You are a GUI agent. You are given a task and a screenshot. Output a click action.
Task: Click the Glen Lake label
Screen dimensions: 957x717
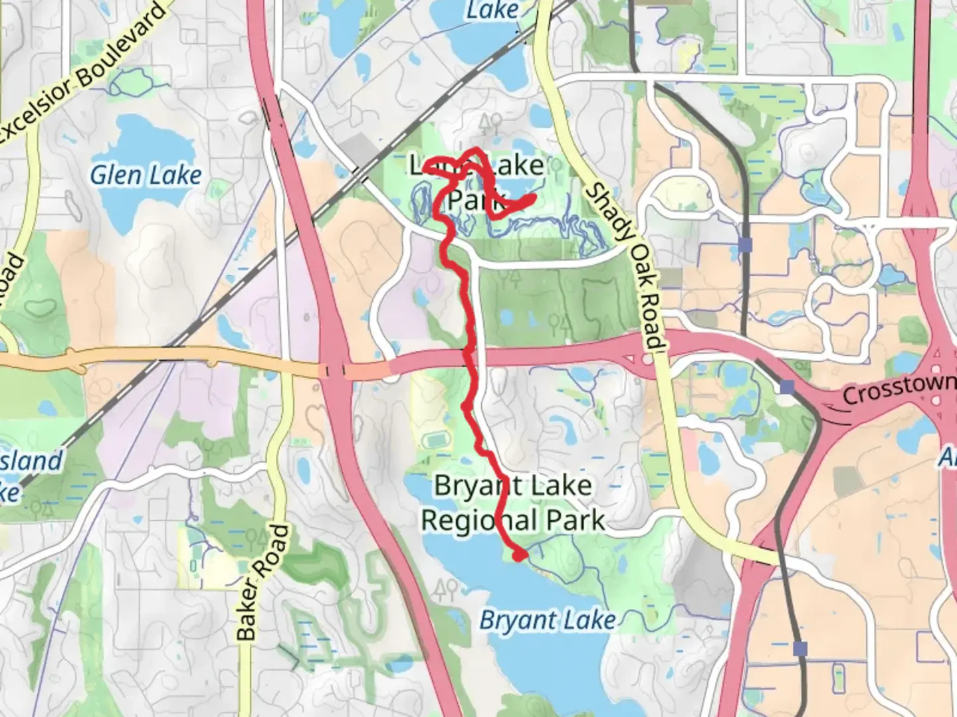click(146, 175)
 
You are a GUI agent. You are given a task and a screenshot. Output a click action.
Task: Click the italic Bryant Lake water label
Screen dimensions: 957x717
click(547, 620)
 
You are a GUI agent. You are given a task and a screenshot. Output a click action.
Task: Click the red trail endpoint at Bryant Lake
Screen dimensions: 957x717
click(518, 555)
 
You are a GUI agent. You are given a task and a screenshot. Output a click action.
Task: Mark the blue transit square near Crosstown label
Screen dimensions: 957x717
click(787, 386)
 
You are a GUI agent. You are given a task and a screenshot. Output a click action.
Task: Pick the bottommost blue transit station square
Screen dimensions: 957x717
click(800, 648)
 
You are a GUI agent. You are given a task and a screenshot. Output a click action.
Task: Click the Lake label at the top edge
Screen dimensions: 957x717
click(492, 10)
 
